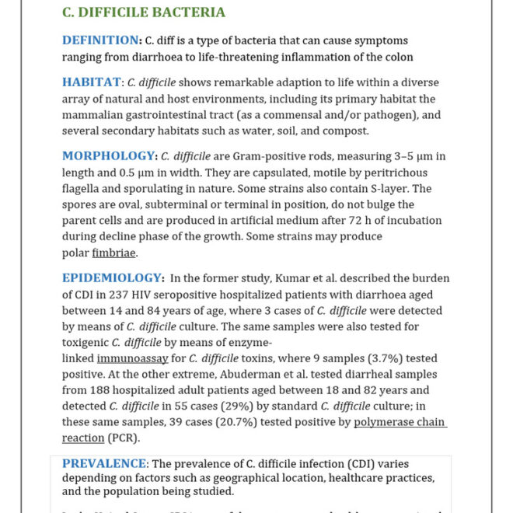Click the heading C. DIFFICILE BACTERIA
[144, 12]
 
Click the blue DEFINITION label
[100, 40]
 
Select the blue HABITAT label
[92, 82]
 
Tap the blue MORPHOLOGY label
[109, 155]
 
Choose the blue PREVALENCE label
[104, 464]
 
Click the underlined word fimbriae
[113, 253]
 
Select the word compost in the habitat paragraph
[323, 131]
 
